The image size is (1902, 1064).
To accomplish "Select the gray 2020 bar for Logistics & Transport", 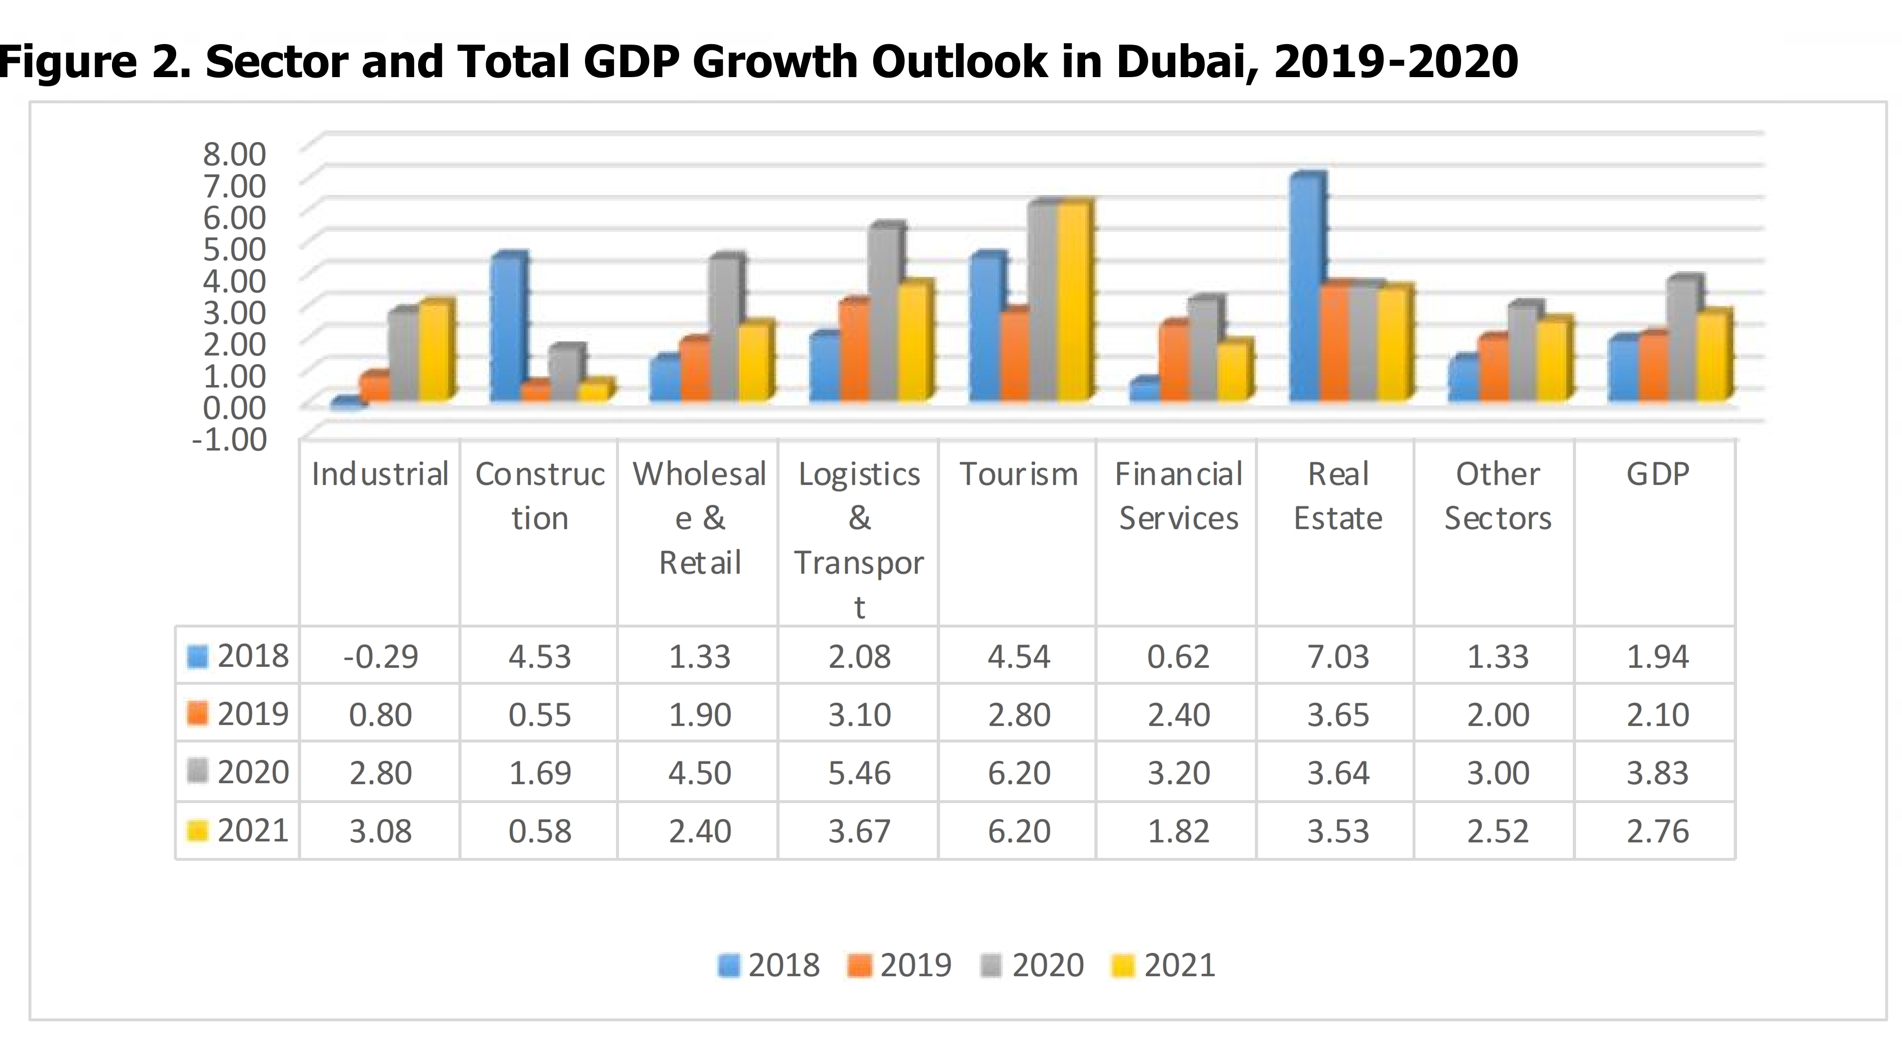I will coord(884,314).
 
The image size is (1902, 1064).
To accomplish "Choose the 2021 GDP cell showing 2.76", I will coord(1658,831).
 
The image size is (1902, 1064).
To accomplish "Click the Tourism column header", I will coord(1018,474).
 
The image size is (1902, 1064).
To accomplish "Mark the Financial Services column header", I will coord(1178,496).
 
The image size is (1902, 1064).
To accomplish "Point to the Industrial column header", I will coord(380,474).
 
